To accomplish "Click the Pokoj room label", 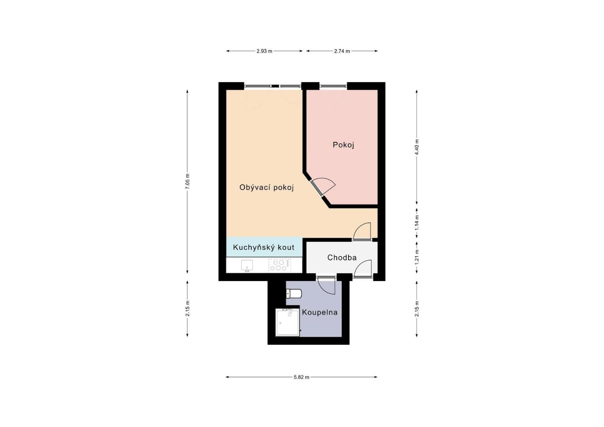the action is point(343,145).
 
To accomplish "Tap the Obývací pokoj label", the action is point(267,187).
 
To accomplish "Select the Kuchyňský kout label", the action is point(263,248).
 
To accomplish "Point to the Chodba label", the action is point(342,257).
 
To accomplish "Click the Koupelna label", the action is point(320,312).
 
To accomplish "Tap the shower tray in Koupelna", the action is point(288,322).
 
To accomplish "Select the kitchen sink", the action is point(247,266).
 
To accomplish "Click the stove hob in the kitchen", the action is point(280,265).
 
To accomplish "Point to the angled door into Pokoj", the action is point(322,187).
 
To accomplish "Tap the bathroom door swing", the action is point(326,285).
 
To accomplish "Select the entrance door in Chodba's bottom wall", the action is point(363,269).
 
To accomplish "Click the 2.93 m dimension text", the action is point(264,51).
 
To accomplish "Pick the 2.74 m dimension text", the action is point(342,51).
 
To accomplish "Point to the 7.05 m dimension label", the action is point(187,181).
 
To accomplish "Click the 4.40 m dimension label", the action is point(417,147).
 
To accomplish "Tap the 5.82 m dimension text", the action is point(301,377).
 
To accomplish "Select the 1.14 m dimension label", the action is point(417,222).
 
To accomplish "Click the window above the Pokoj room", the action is point(333,86).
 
